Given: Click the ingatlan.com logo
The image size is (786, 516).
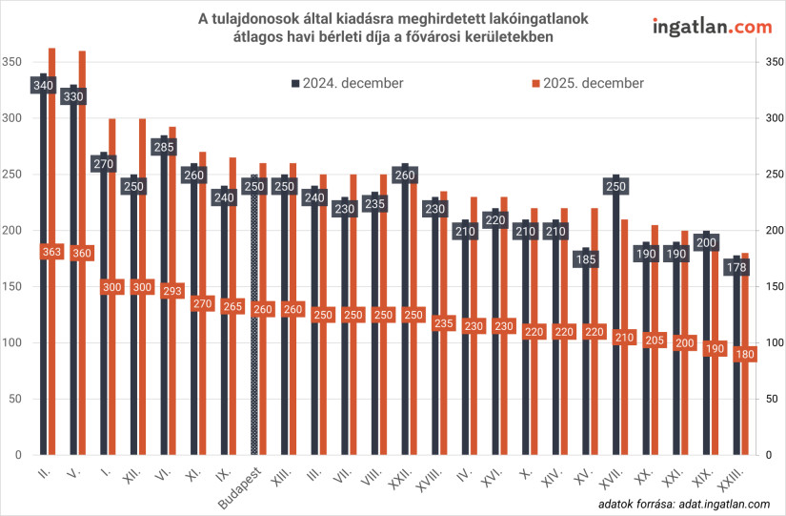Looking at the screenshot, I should click(712, 27).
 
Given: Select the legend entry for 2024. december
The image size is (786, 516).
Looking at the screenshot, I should click(347, 83).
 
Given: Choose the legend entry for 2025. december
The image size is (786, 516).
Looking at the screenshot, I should click(587, 83).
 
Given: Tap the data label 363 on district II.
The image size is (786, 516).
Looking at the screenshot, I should click(52, 252).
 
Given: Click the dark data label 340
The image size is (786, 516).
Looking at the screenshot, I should click(43, 86).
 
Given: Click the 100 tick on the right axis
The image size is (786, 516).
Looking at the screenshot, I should click(775, 342).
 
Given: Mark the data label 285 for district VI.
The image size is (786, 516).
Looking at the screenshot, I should click(163, 148).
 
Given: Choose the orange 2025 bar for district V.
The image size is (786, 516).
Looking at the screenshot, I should click(82, 258).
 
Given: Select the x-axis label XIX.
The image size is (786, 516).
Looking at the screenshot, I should click(703, 477).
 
